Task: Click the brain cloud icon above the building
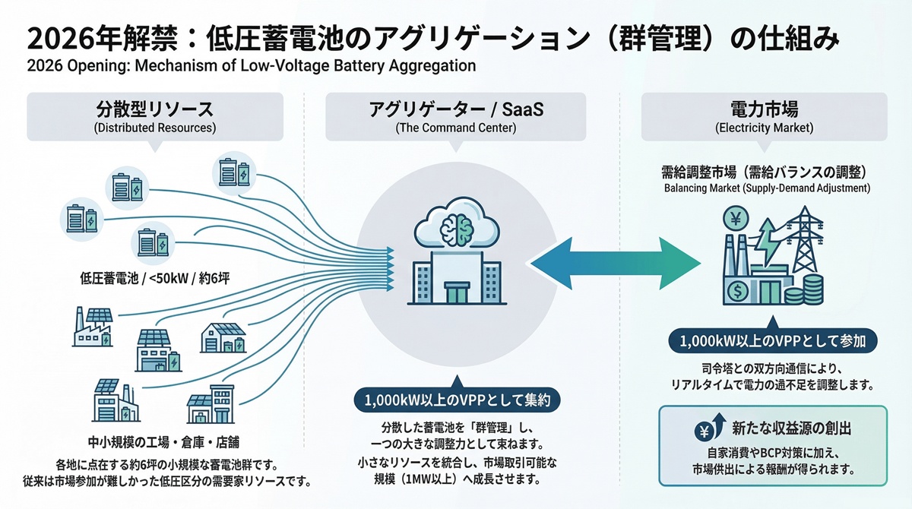coord(457,224)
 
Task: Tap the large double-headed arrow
coord(615,263)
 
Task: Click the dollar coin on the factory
coord(736,289)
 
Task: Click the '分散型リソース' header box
coord(154,116)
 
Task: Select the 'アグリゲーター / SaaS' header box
coord(456,116)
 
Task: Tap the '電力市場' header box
coord(765,116)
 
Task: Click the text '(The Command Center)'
coord(456,128)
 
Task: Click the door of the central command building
coord(457,293)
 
